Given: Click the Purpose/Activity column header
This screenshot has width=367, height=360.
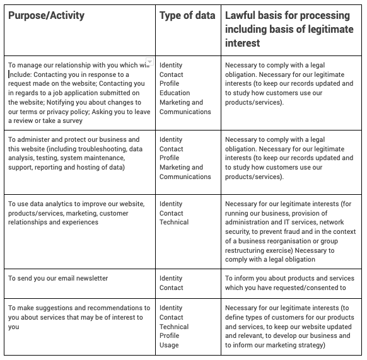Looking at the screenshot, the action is (46, 15).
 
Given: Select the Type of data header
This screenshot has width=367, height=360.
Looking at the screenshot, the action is (187, 15).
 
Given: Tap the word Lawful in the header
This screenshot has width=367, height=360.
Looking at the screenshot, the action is (243, 15).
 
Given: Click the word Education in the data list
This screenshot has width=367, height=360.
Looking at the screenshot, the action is (175, 93).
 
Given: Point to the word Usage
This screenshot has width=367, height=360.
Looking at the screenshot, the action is (169, 345).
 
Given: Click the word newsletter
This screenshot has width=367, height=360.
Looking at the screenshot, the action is (89, 278).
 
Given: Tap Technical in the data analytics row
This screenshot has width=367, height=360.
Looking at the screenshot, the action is (174, 223).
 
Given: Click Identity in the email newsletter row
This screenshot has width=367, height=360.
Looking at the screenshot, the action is (171, 278).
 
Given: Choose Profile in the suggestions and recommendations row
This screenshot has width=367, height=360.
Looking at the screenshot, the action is (169, 335).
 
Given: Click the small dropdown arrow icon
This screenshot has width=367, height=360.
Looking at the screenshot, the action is (149, 62).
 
